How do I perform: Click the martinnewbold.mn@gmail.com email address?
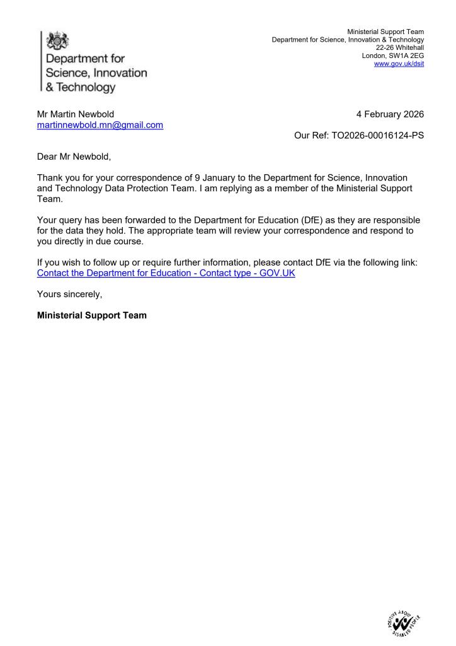point(100,125)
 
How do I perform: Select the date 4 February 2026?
point(390,114)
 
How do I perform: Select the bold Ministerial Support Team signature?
point(92,315)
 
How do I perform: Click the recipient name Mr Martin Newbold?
point(76,114)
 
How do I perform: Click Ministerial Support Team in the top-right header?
point(385,32)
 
